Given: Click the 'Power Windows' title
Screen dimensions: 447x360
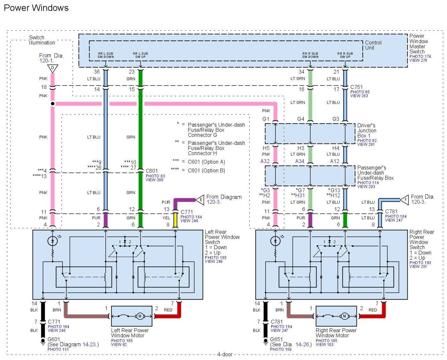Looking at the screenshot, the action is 36,8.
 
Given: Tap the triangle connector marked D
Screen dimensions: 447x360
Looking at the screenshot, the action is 52,68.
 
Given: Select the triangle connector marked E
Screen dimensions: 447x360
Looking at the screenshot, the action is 200,200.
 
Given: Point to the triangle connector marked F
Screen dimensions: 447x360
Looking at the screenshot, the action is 404,200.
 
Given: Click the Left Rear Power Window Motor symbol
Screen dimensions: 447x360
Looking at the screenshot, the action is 132,316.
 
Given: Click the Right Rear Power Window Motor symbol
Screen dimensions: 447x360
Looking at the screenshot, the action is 336,316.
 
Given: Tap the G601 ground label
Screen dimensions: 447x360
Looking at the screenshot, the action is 54,339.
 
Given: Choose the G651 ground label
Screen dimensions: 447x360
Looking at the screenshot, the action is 277,339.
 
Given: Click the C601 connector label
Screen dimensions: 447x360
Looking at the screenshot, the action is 152,171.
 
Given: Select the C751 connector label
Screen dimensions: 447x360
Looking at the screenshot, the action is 357,87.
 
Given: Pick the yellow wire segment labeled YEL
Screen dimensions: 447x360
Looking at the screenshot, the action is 175,220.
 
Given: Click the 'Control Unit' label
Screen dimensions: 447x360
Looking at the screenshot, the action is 373,45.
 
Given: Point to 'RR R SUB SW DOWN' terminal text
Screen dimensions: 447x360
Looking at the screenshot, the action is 310,55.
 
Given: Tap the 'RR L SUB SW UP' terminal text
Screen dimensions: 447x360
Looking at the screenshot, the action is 140,55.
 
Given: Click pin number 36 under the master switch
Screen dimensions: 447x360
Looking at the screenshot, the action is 97,72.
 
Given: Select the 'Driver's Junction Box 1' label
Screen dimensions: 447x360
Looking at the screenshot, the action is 367,131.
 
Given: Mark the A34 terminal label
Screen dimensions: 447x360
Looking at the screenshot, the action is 300,161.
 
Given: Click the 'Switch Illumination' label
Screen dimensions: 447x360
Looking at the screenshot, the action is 42,40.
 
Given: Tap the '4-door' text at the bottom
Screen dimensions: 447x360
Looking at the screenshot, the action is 225,354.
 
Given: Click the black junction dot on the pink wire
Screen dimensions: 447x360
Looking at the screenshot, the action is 53,104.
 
